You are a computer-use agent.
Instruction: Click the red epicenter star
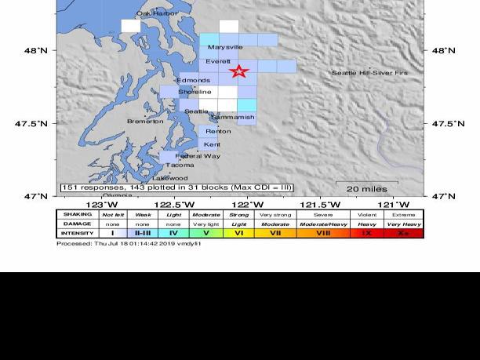pyautogui.click(x=239, y=72)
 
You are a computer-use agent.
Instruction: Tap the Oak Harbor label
pyautogui.click(x=157, y=13)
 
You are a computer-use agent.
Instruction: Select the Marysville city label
pyautogui.click(x=225, y=47)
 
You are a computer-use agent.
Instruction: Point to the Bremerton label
pyautogui.click(x=145, y=121)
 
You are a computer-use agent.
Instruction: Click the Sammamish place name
pyautogui.click(x=233, y=118)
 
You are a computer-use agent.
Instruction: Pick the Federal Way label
pyautogui.click(x=198, y=156)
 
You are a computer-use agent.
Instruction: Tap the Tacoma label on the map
pyautogui.click(x=180, y=165)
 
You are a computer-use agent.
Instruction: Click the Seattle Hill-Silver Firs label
pyautogui.click(x=369, y=73)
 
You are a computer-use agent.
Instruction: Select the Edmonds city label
pyautogui.click(x=194, y=81)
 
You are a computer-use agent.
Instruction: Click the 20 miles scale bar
pyautogui.click(x=367, y=187)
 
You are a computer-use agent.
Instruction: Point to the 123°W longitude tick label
pyautogui.click(x=96, y=205)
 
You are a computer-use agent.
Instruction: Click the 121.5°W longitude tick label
pyautogui.click(x=325, y=205)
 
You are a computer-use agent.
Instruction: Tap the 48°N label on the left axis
pyautogui.click(x=36, y=50)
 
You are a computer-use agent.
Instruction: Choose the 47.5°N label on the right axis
pyautogui.click(x=448, y=124)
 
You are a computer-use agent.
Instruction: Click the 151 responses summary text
pyautogui.click(x=176, y=187)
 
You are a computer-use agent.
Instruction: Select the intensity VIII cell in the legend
pyautogui.click(x=323, y=233)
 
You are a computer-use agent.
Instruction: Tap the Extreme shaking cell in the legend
pyautogui.click(x=404, y=214)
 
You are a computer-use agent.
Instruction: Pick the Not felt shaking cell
pyautogui.click(x=113, y=214)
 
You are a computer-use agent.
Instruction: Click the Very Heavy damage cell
pyautogui.click(x=404, y=224)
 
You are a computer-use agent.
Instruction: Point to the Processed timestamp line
pyautogui.click(x=129, y=243)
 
